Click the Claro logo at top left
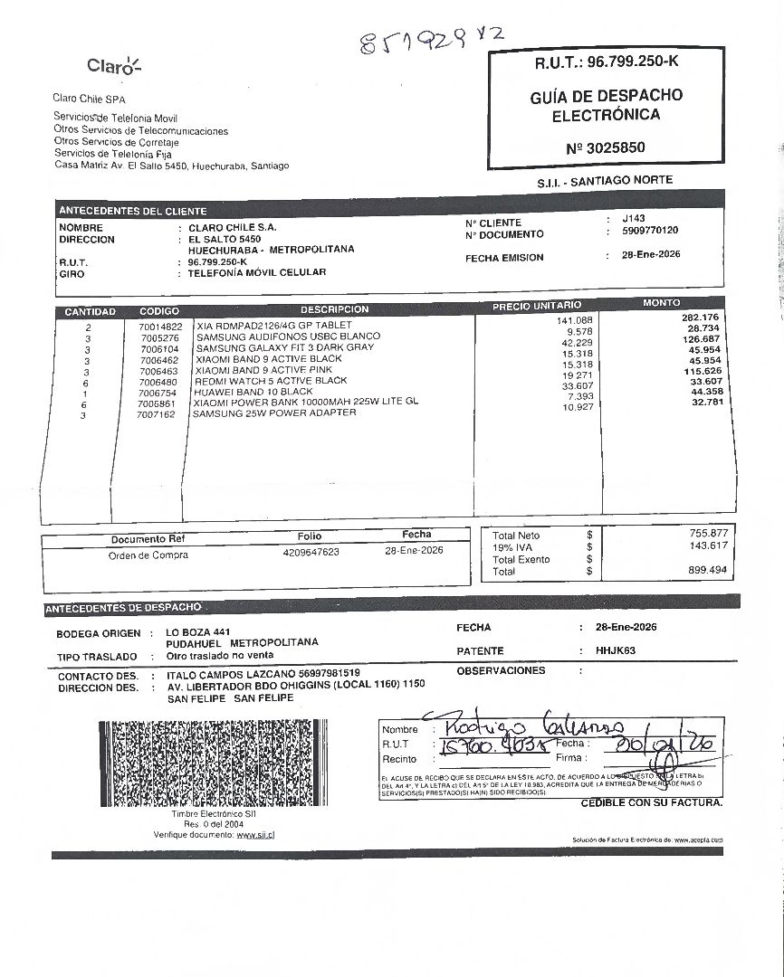click(114, 65)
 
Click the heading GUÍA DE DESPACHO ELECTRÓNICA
click(606, 105)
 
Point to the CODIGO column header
click(159, 311)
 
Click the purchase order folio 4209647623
click(311, 551)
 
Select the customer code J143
click(634, 219)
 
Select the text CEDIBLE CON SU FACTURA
click(651, 802)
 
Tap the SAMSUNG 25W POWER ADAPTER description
click(273, 413)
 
